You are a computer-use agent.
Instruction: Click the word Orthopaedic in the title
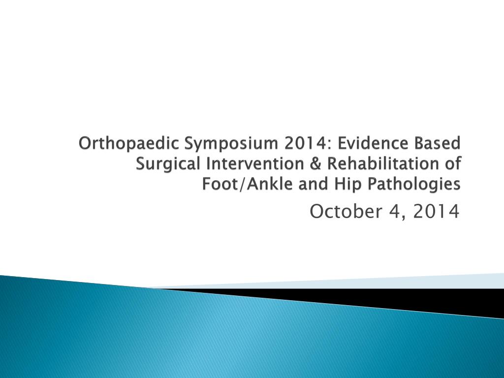coord(128,144)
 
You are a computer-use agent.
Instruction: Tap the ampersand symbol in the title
coord(315,163)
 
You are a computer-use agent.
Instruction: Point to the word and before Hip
coord(313,184)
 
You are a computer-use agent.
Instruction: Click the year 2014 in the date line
coord(436,212)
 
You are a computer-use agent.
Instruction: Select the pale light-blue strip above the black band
coord(353,283)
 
